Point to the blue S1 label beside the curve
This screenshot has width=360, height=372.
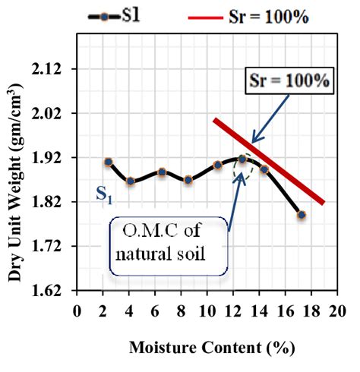(x=105, y=196)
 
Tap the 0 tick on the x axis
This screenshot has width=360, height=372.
(x=77, y=311)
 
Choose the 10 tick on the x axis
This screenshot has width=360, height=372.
(x=206, y=311)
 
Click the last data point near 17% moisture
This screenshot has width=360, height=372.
(x=302, y=215)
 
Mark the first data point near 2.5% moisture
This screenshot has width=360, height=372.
(x=109, y=162)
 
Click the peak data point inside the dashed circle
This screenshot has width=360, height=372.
(x=242, y=159)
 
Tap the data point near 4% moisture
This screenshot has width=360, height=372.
(x=131, y=181)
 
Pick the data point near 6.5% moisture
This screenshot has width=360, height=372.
(x=162, y=172)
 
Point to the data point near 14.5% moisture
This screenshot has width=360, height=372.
(x=264, y=169)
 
